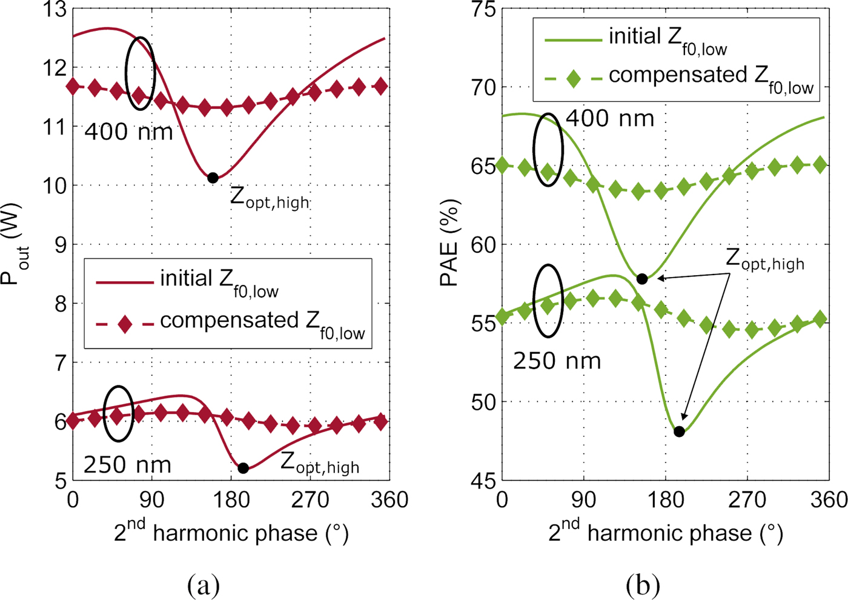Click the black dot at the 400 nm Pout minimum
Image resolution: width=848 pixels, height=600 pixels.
tap(213, 178)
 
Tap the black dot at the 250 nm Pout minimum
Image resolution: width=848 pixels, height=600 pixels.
tap(243, 468)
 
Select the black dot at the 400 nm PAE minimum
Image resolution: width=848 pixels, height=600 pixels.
tap(642, 279)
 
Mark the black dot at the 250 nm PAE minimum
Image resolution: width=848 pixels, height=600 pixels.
tap(679, 432)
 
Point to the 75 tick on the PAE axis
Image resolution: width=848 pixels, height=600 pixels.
tap(482, 10)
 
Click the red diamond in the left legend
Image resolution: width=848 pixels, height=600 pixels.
tap(125, 324)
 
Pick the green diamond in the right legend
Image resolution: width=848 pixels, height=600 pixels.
tap(573, 78)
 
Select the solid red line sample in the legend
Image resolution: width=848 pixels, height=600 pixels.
tap(125, 282)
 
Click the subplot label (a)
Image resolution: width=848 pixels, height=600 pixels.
tap(204, 585)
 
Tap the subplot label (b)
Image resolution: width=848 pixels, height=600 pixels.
tap(643, 585)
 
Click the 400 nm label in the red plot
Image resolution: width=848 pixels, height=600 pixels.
tap(128, 131)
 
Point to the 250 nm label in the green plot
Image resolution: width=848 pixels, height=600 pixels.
tap(557, 361)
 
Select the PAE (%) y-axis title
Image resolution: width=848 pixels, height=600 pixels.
tap(449, 242)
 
